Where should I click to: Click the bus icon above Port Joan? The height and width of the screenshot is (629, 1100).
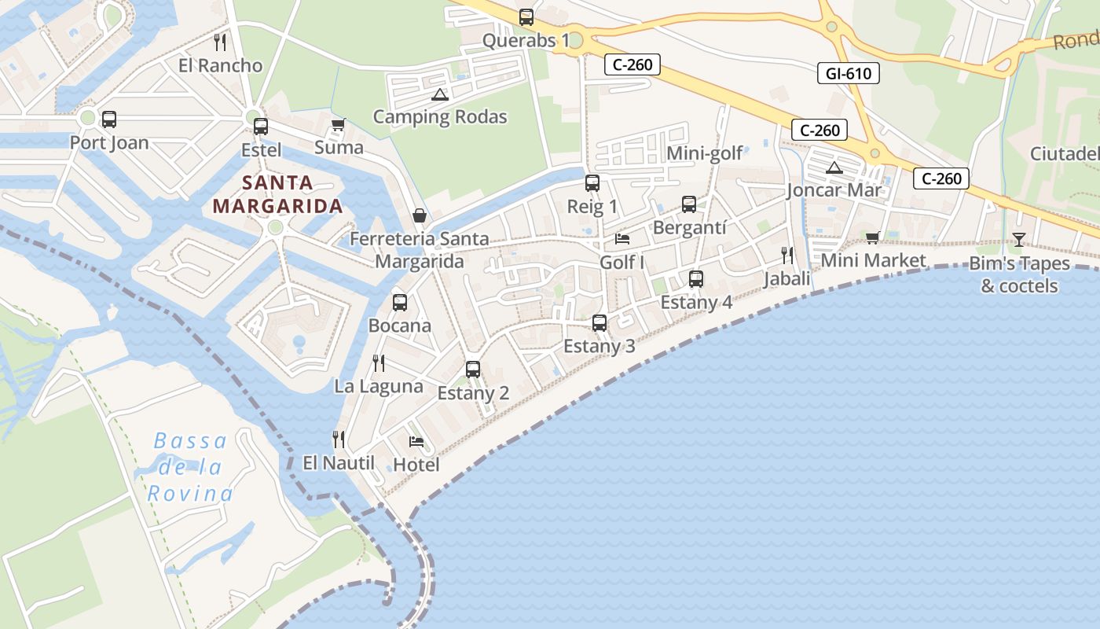click(x=109, y=120)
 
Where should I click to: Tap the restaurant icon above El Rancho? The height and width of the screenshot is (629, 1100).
click(x=220, y=42)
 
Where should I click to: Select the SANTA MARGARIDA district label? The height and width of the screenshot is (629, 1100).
click(x=278, y=194)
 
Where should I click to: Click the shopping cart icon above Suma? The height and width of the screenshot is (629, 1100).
click(x=339, y=124)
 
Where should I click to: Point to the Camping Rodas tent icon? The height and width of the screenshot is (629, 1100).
click(x=439, y=95)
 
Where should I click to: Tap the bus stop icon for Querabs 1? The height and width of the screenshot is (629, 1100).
click(x=526, y=17)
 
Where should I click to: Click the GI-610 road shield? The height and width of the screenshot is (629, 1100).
click(x=848, y=74)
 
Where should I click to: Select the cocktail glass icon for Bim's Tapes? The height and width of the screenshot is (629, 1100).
click(x=1019, y=239)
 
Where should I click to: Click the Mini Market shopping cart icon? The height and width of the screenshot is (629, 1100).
click(x=872, y=237)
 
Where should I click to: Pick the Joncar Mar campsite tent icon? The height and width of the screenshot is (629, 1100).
click(x=834, y=167)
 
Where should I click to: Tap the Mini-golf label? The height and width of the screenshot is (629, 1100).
click(x=704, y=153)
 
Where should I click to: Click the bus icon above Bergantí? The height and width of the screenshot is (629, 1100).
click(x=689, y=204)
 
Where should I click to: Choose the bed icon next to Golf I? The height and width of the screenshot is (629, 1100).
click(x=622, y=238)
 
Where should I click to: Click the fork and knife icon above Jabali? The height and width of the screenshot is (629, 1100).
click(x=787, y=255)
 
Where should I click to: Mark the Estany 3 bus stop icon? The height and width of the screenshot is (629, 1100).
click(x=599, y=323)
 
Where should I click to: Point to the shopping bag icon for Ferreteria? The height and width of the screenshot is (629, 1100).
click(x=420, y=215)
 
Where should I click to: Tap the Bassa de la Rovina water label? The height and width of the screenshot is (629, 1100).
click(x=191, y=467)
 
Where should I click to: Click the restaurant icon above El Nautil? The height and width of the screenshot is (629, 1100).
click(x=339, y=439)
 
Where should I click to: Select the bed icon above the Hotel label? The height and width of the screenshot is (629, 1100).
click(x=416, y=441)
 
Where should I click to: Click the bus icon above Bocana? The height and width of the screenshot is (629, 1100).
click(x=400, y=302)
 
